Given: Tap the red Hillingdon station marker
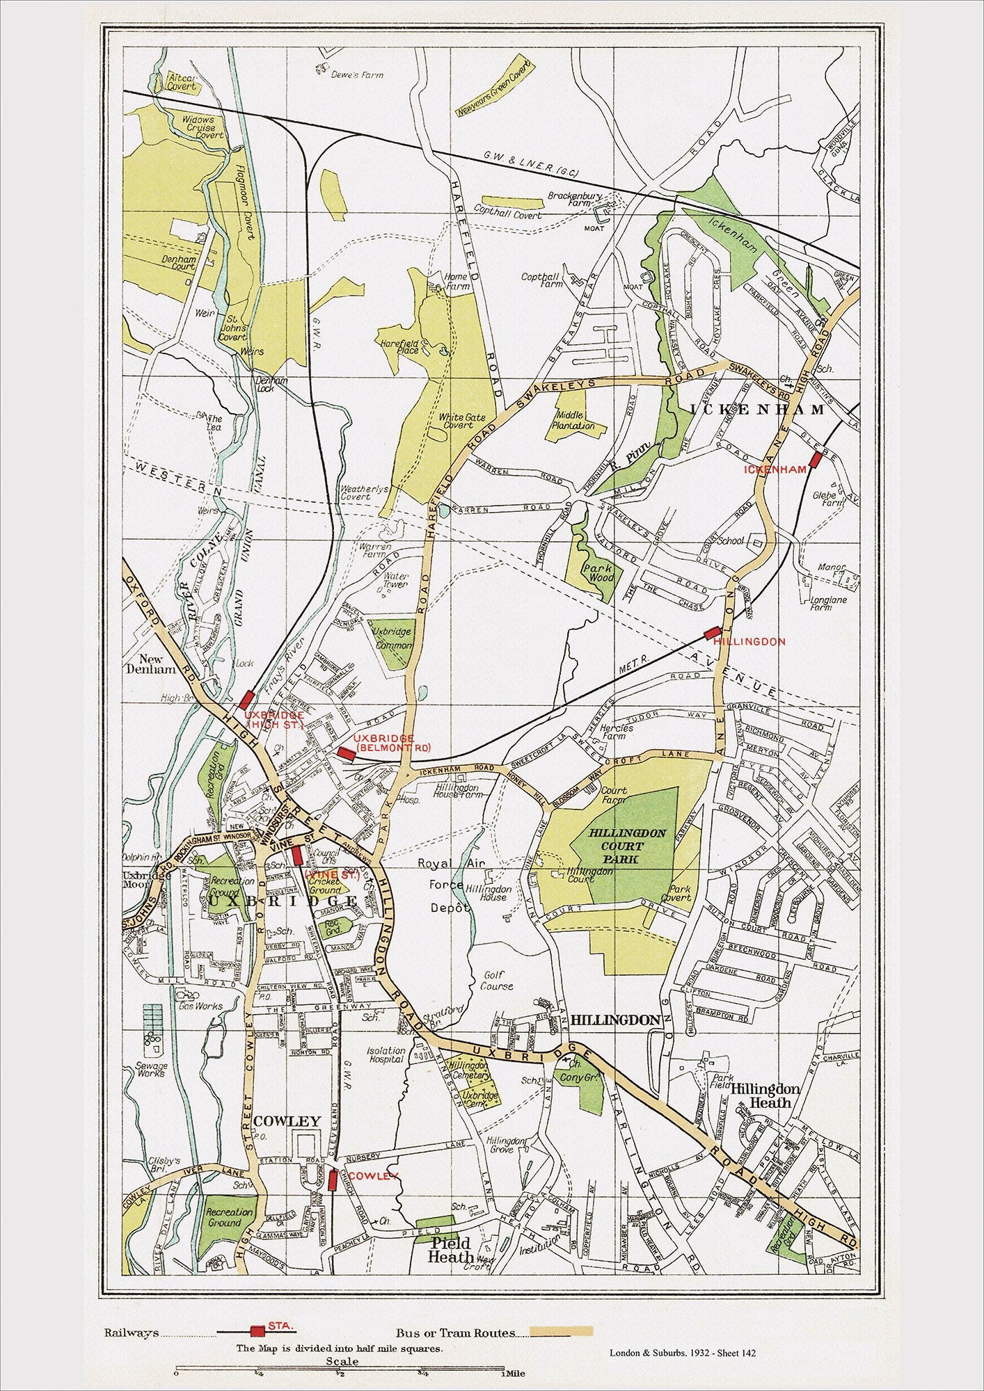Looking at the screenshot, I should click(x=711, y=633).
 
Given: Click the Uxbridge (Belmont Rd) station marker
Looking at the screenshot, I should click(x=344, y=753).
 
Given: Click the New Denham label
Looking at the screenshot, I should click(x=155, y=664).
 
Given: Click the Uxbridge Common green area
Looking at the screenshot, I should click(x=392, y=641).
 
